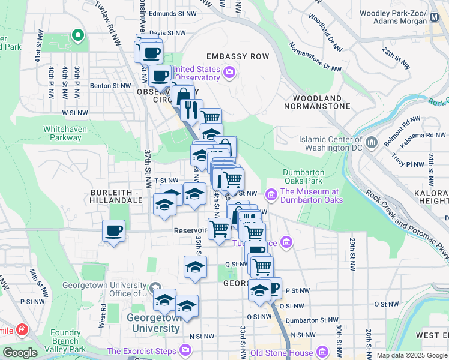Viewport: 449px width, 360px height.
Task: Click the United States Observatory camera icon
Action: click(x=229, y=73)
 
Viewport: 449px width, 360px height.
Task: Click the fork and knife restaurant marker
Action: click(x=191, y=109)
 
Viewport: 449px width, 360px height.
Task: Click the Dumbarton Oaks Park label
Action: click(x=312, y=177)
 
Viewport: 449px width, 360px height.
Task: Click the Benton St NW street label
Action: click(x=110, y=86)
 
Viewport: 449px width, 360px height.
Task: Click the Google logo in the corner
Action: click(x=20, y=353)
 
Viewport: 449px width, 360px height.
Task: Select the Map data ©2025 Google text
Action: click(x=412, y=355)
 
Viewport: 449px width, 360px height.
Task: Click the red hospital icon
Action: click(x=22, y=329)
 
